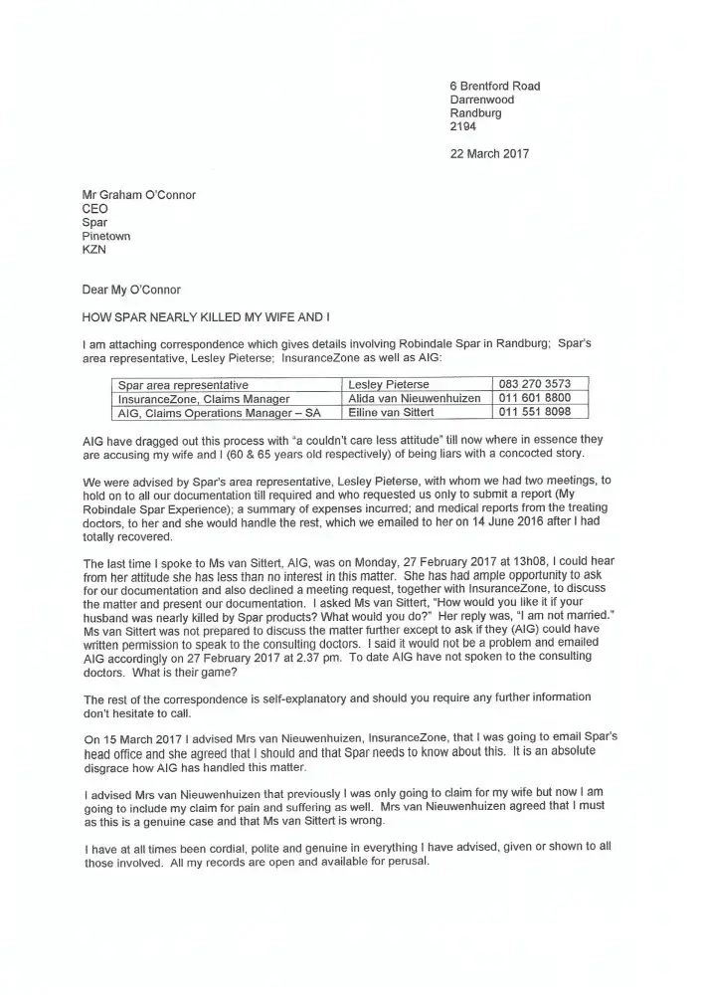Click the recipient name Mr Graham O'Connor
138,195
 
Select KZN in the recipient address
93,251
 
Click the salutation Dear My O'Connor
131,291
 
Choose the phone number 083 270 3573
534,384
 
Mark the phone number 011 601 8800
534,398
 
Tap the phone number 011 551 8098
534,412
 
